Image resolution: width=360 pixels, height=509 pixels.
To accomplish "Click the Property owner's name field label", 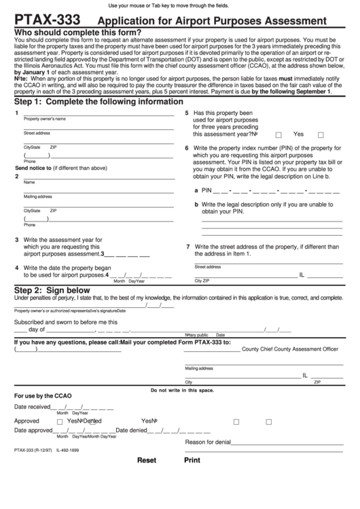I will (45, 118).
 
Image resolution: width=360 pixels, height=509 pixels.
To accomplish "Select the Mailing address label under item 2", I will (39, 196).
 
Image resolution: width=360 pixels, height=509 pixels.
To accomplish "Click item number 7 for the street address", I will (187, 246).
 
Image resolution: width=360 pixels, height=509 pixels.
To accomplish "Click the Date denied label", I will (132, 430).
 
